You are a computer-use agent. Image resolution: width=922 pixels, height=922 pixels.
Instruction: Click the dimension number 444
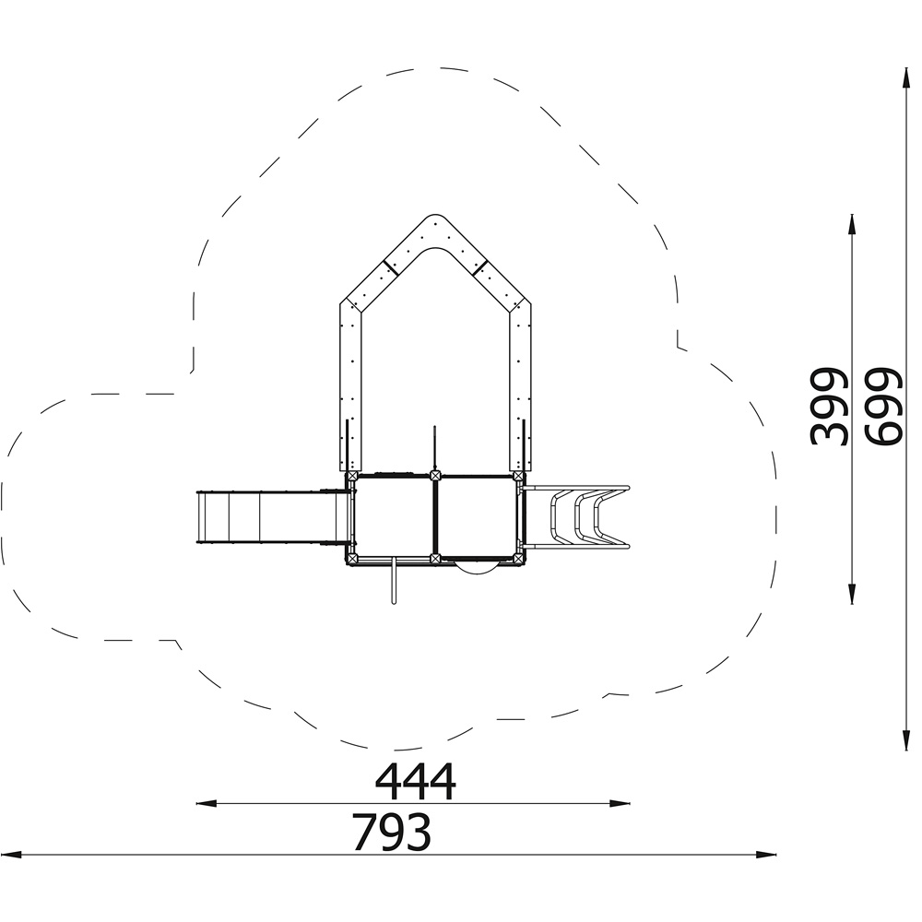tap(415, 782)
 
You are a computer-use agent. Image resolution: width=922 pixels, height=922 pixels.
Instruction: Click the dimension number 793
tap(392, 833)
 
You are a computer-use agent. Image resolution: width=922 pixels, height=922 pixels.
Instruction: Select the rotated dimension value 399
tap(829, 408)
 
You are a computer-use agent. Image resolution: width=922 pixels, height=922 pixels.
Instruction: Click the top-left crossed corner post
tap(352, 476)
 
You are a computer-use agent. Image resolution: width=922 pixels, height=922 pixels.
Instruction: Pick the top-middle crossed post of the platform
tap(434, 476)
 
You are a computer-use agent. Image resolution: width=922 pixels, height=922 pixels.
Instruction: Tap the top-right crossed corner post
tap(518, 476)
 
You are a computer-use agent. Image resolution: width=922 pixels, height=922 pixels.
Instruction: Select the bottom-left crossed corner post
tap(352, 558)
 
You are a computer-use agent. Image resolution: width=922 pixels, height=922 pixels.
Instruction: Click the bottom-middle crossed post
tap(434, 558)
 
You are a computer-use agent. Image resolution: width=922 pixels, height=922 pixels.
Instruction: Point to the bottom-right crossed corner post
tap(518, 558)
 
